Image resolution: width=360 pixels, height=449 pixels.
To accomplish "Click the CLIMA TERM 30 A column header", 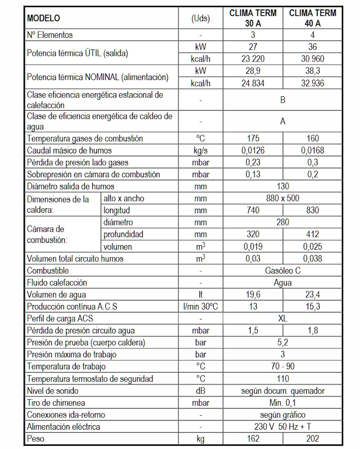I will [x=253, y=18].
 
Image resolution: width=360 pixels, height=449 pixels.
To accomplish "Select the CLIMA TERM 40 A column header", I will [x=313, y=18].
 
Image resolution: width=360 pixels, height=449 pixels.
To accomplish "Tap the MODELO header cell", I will [x=44, y=18].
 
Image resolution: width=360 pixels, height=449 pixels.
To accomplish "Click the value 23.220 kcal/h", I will [x=253, y=59].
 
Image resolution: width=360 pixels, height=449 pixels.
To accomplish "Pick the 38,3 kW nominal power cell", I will [x=313, y=71].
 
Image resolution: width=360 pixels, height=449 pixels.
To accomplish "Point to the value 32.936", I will [x=313, y=83].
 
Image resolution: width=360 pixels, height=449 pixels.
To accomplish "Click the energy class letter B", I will [x=283, y=100].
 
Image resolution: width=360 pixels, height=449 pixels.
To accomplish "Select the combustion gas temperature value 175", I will [x=253, y=139].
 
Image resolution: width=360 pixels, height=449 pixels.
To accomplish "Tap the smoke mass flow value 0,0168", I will [x=313, y=151].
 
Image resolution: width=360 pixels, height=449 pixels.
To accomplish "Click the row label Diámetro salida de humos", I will [x=71, y=186].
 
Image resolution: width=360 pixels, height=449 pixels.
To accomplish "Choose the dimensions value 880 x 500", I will [x=283, y=198].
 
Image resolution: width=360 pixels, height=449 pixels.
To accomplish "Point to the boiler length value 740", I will [x=253, y=210].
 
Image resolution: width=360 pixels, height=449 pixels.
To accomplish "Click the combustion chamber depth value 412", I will [x=313, y=234].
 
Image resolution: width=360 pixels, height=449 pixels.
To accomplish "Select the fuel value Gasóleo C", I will [x=283, y=271].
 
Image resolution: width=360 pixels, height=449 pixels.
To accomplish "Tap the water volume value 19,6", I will [x=253, y=295].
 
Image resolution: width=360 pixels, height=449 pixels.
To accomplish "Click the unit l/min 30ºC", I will [x=200, y=307].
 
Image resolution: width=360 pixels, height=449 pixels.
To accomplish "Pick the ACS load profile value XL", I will [x=283, y=319].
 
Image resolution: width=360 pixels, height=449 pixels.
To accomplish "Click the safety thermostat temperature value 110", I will [x=283, y=379].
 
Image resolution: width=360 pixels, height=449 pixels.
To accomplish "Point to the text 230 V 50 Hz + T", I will [x=283, y=427].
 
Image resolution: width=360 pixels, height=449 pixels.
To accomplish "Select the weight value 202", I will [x=313, y=439].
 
